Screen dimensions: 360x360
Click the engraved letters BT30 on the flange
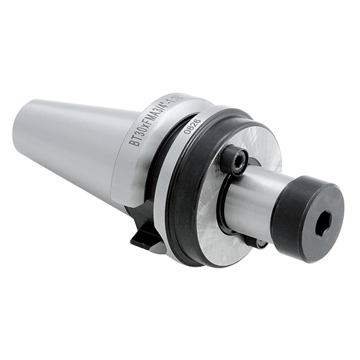pos(138,132)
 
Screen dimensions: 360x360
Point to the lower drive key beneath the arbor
pos(259,243)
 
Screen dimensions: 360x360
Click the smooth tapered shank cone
pos(72,144)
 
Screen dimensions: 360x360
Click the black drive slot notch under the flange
pos(145,232)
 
